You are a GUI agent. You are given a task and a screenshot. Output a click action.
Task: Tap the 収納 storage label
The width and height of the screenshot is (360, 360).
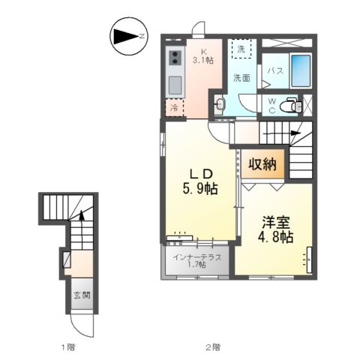(262, 163)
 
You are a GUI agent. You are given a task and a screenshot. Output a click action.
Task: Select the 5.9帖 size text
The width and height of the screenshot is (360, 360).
(199, 190)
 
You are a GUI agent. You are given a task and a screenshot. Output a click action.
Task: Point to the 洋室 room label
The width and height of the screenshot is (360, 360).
(274, 222)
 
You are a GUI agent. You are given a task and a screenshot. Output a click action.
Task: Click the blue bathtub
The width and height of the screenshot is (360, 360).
(300, 72)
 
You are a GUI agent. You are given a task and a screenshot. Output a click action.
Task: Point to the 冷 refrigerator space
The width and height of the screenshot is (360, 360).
(175, 107)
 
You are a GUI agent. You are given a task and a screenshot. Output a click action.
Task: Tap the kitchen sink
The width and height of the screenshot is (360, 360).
(174, 82)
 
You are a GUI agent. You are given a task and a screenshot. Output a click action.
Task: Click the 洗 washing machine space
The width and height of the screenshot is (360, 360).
(241, 49)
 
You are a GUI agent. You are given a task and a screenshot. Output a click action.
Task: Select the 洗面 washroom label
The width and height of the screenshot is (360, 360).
(240, 78)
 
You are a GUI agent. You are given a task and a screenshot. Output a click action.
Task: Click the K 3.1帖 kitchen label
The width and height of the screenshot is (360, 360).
(202, 56)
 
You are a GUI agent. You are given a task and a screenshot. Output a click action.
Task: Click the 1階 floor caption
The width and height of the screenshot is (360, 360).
(68, 347)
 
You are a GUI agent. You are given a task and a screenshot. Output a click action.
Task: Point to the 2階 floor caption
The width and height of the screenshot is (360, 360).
(213, 347)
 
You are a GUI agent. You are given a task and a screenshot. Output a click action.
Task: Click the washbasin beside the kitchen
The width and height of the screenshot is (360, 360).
(219, 105)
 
